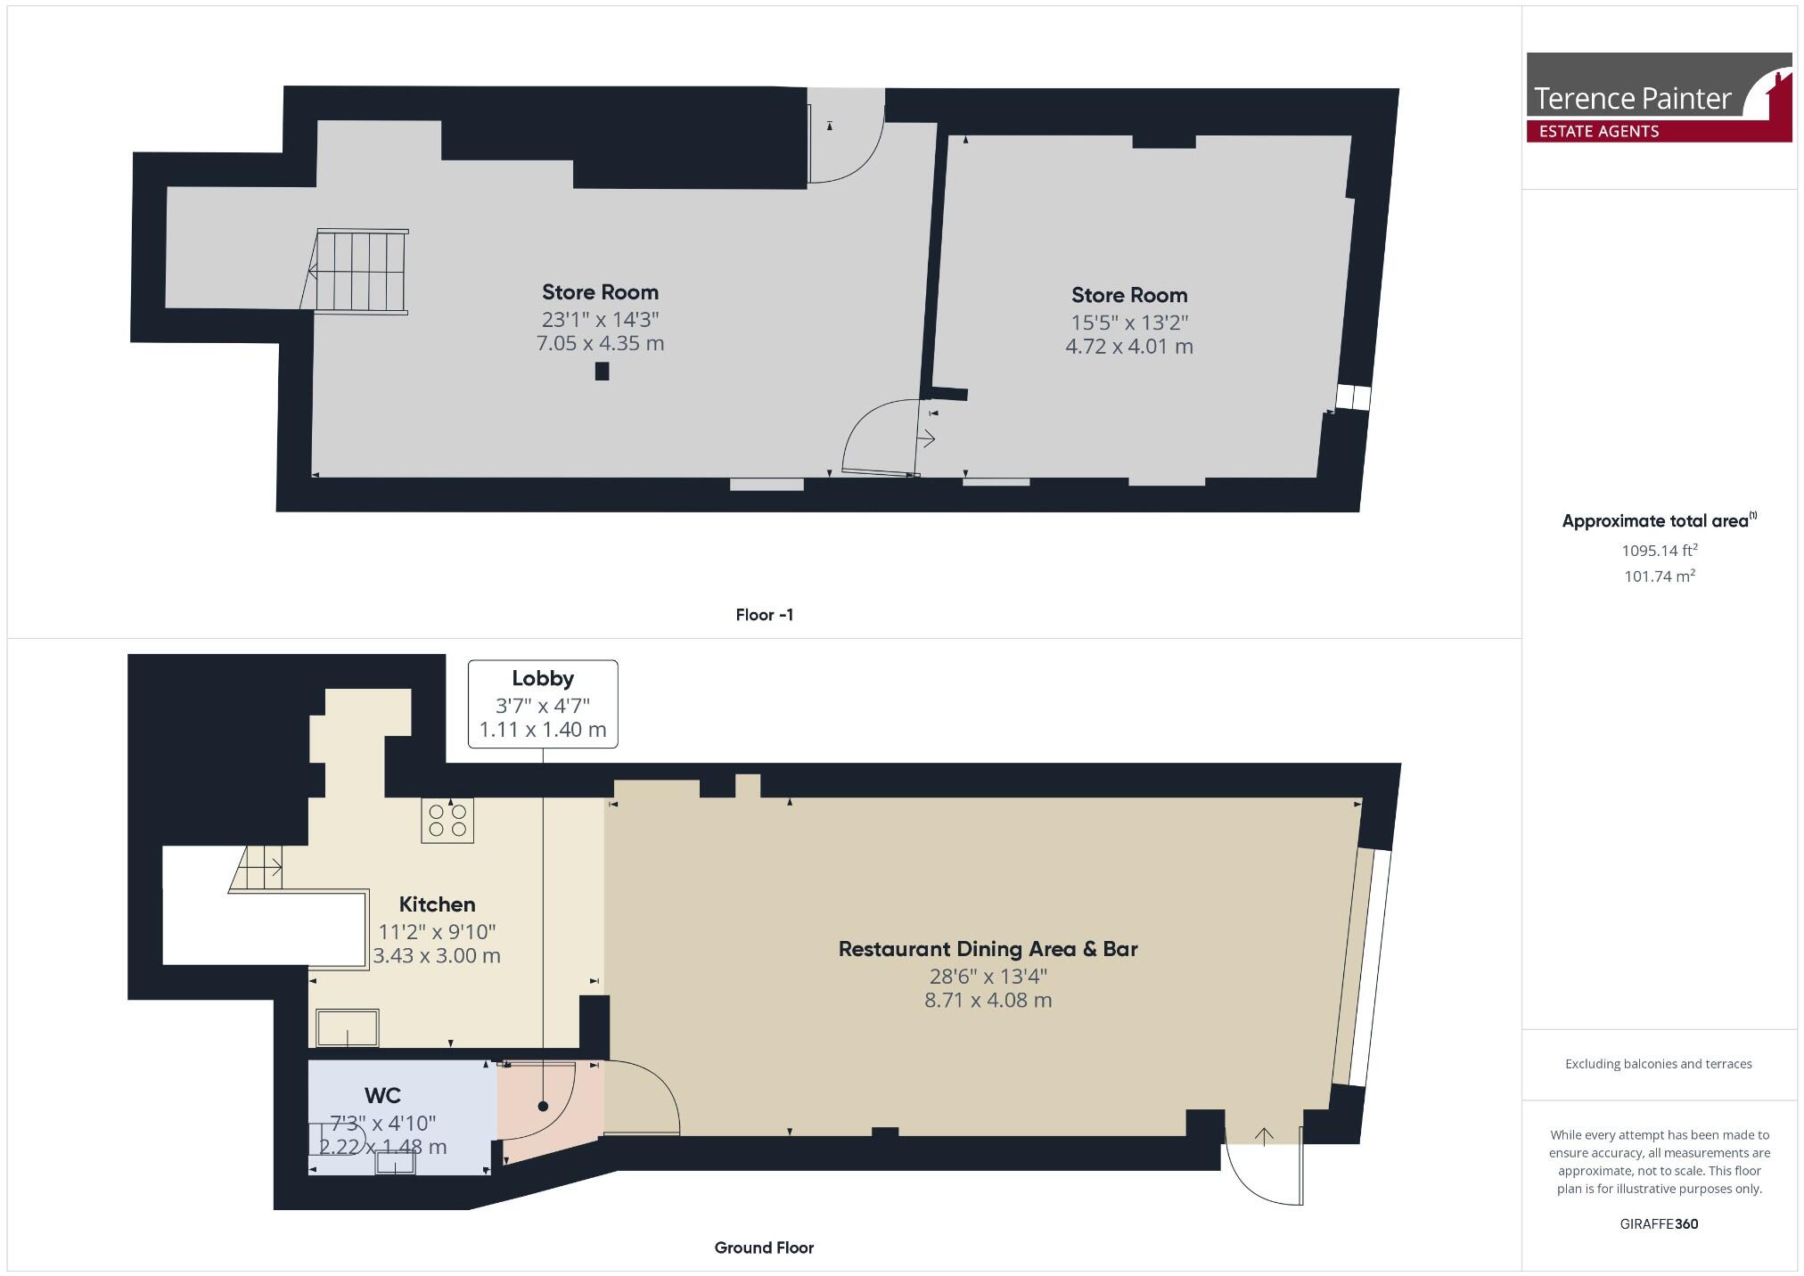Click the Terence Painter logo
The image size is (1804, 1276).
pyautogui.click(x=1658, y=97)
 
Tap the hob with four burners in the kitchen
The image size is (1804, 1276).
pyautogui.click(x=447, y=821)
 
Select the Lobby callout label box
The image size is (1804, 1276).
pyautogui.click(x=542, y=704)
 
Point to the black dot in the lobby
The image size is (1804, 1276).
pyautogui.click(x=543, y=1106)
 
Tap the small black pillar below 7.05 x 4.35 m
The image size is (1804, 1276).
pyautogui.click(x=602, y=372)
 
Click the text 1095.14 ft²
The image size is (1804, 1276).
pyautogui.click(x=1659, y=551)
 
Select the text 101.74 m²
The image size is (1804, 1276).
pyautogui.click(x=1659, y=577)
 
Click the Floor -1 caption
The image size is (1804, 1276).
pyautogui.click(x=764, y=615)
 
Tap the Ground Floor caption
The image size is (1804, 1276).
pyautogui.click(x=764, y=1247)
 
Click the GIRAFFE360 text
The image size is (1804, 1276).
pyautogui.click(x=1659, y=1223)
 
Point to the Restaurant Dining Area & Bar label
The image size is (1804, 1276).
pyautogui.click(x=988, y=949)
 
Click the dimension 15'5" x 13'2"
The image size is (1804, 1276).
pyautogui.click(x=1128, y=322)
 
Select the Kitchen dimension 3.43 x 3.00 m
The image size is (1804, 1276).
pyautogui.click(x=436, y=956)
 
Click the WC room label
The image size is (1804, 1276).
pyautogui.click(x=382, y=1095)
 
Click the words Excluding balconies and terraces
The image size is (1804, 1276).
pyautogui.click(x=1658, y=1064)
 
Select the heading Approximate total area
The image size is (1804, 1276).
pyautogui.click(x=1656, y=521)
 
